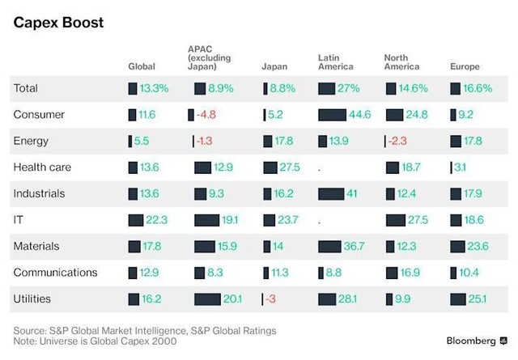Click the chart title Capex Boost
click(57, 21)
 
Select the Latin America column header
click(336, 61)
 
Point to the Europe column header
click(465, 66)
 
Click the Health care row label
click(42, 167)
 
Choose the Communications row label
click(55, 273)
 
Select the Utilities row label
click(32, 299)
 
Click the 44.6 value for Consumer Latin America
click(361, 115)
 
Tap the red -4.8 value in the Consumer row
click(206, 115)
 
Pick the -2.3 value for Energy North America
click(399, 141)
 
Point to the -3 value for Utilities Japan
click(271, 299)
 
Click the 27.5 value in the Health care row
click(290, 167)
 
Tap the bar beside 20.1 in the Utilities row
click(207, 299)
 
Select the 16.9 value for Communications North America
click(413, 273)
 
